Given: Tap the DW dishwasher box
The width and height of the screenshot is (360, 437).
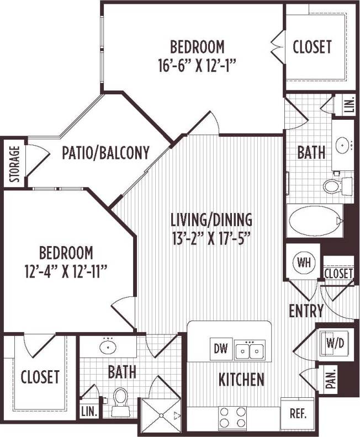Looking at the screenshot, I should click(x=220, y=349).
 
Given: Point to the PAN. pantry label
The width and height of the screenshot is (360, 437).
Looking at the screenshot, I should click(x=331, y=380).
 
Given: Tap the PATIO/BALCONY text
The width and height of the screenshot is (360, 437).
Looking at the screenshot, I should click(x=106, y=153).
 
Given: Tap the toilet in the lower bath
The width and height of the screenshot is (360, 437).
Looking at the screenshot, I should click(x=120, y=399).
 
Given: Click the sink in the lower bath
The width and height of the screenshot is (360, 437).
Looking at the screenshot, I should click(x=108, y=348).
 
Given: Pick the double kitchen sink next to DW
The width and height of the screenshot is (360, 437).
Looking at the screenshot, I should click(x=249, y=350).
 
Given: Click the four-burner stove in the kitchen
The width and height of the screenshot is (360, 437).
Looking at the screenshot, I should click(x=232, y=417).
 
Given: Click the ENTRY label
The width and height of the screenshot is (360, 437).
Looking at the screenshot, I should click(x=306, y=311).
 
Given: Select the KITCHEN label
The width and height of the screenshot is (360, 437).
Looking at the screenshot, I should click(x=241, y=380).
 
